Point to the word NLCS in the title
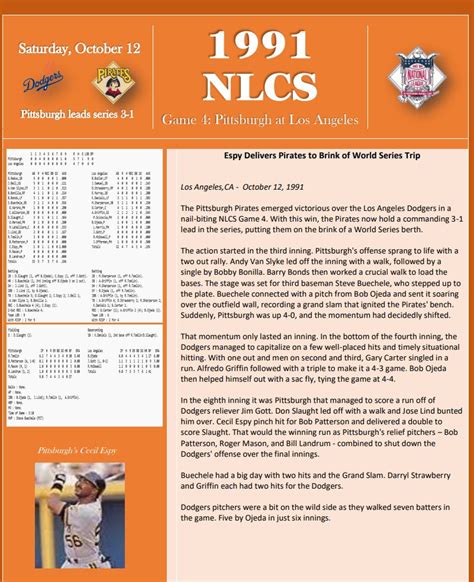272,85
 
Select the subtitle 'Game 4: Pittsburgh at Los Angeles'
272,121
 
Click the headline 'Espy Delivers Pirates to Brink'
315,156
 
